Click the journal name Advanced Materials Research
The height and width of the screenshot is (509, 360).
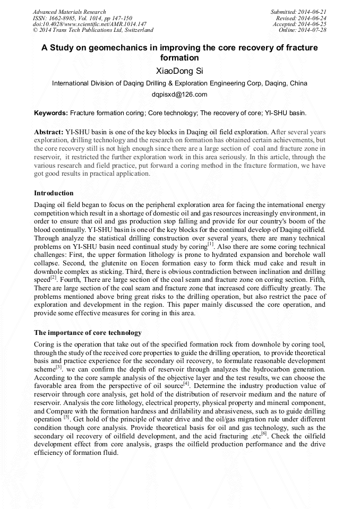point(69,12)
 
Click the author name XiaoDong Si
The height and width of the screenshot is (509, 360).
point(179,70)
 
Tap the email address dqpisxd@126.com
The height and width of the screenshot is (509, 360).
point(179,94)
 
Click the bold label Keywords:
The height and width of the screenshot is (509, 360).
point(51,113)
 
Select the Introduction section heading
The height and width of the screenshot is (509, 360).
point(54,193)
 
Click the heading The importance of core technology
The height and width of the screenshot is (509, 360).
point(88,333)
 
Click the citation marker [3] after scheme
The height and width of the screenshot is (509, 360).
point(59,366)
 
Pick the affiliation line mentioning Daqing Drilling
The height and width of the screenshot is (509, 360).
point(179,83)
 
